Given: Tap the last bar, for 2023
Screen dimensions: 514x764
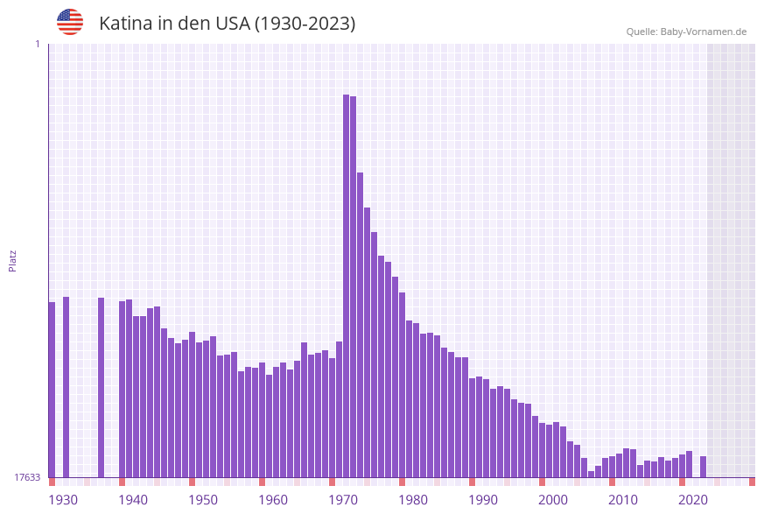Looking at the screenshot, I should (x=703, y=467).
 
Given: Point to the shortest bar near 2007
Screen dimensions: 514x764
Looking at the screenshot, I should (x=591, y=474).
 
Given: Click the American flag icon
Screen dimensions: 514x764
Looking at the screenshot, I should (x=70, y=22).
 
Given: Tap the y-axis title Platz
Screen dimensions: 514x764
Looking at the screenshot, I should (x=12, y=260).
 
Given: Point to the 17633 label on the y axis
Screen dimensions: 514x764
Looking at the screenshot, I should (x=26, y=477).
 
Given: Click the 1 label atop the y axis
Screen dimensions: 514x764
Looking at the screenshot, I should (x=37, y=44).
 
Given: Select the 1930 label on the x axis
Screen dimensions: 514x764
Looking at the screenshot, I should (x=63, y=500).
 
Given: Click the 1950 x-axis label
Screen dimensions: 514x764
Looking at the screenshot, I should (x=203, y=500).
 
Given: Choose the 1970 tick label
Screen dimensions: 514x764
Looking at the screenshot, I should (x=343, y=500).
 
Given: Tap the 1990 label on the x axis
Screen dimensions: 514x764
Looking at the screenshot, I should (x=483, y=500).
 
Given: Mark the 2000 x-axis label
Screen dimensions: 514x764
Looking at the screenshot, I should (x=553, y=500).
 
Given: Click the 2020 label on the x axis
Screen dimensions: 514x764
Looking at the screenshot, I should (x=693, y=500).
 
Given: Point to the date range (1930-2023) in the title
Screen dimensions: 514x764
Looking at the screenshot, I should (x=305, y=24).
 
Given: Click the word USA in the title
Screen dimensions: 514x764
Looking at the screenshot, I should (x=232, y=24).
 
